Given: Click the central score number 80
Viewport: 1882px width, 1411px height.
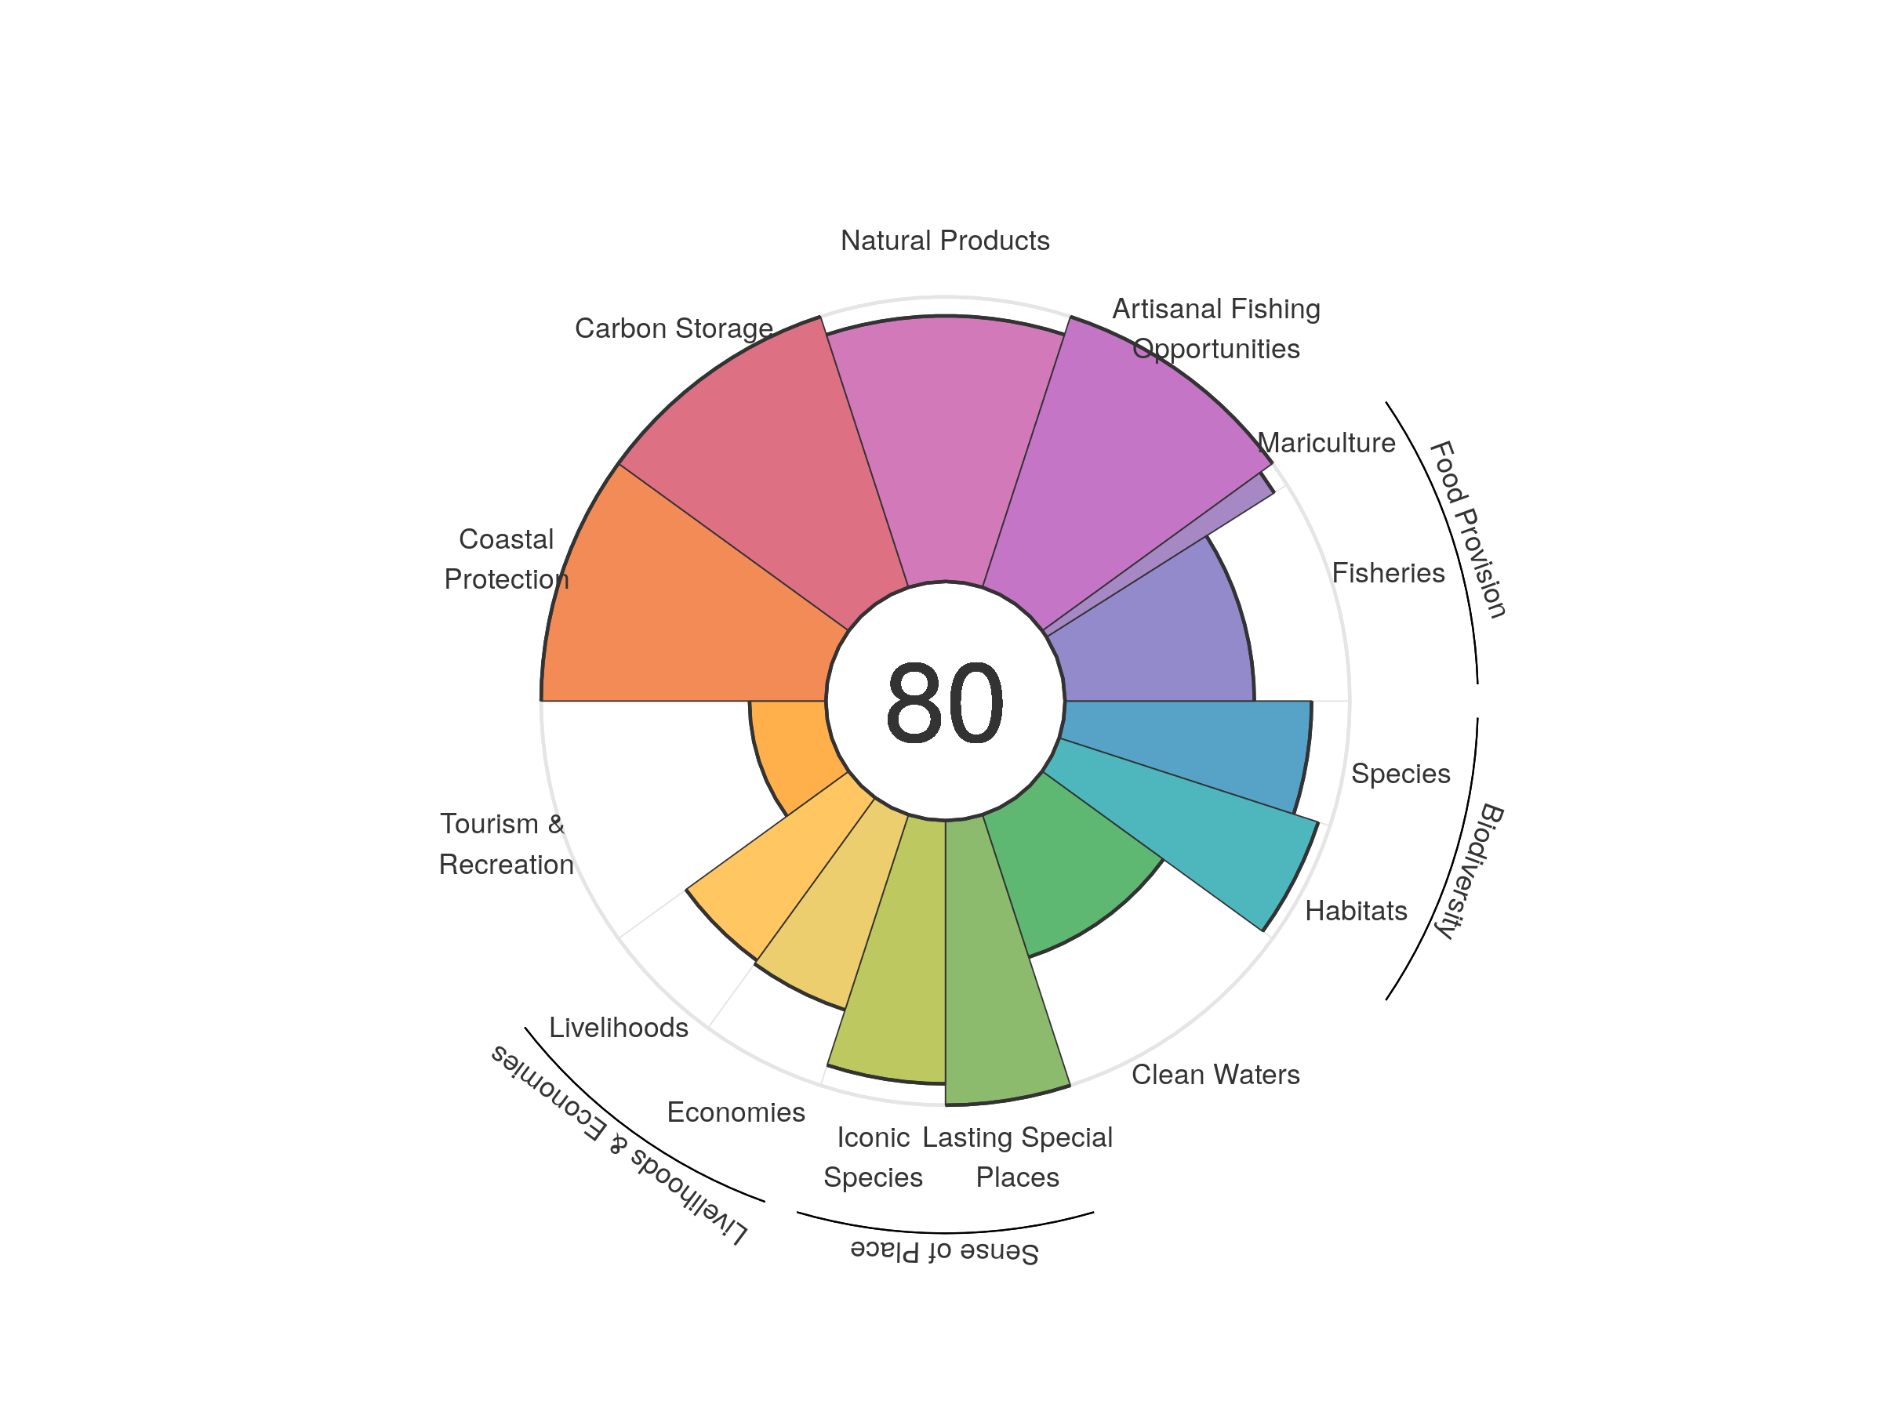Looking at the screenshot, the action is pyautogui.click(x=944, y=702).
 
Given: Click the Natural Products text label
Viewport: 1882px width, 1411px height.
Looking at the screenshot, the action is pyautogui.click(x=944, y=241).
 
